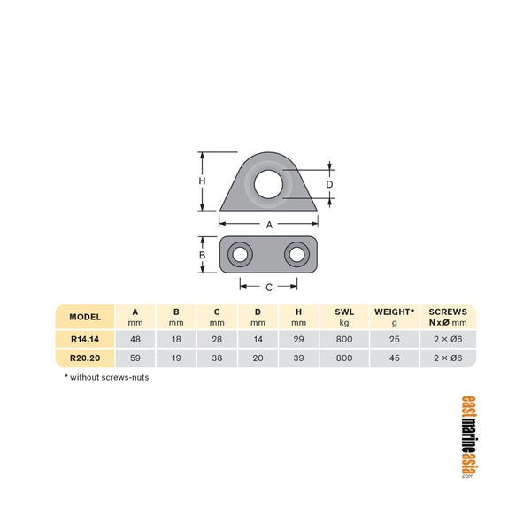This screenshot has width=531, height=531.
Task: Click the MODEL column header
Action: click(86, 317)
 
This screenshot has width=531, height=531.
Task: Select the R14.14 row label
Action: click(86, 339)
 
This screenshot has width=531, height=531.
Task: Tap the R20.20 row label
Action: click(86, 358)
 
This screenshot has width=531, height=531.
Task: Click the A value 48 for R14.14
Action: click(135, 339)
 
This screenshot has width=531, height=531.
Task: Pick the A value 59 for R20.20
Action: click(135, 358)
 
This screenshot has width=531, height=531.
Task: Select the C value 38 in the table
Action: click(218, 358)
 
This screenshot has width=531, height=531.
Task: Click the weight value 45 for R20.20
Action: click(394, 358)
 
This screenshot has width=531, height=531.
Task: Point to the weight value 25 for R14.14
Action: click(394, 339)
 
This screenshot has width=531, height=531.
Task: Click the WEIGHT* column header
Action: click(394, 312)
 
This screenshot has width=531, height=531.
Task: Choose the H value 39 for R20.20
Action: click(300, 358)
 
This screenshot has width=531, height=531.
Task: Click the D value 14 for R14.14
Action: click(258, 339)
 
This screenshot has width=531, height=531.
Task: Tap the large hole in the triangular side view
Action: click(268, 183)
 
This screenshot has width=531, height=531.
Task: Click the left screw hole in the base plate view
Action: click(239, 256)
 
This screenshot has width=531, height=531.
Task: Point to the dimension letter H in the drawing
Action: click(202, 181)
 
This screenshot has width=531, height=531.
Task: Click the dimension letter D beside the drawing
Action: click(329, 184)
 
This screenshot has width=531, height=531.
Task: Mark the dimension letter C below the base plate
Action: click(268, 287)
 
